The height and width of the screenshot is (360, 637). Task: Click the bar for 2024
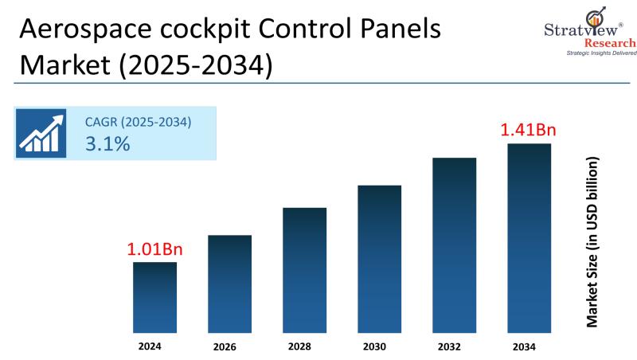(154, 296)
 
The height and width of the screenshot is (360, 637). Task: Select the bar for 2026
(229, 283)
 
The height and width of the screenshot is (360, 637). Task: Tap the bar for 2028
(304, 269)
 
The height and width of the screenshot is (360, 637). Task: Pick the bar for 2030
(379, 258)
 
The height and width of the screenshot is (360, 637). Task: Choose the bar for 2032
(454, 245)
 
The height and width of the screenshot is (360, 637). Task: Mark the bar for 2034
(529, 237)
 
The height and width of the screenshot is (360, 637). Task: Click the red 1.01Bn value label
(154, 248)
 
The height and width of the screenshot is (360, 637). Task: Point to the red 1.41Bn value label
(527, 129)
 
